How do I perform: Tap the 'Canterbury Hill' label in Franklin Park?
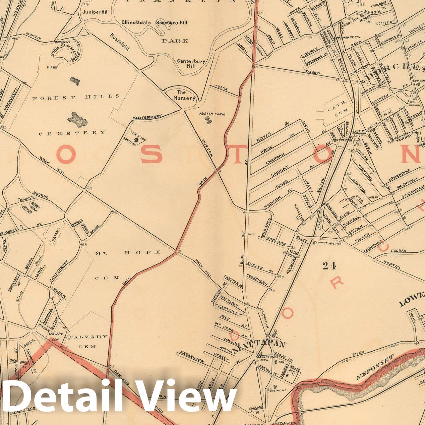coord(191,64)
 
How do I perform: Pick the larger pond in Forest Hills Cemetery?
coord(77,120)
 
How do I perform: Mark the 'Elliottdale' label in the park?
coord(138,23)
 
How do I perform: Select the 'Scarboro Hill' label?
coord(172,23)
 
